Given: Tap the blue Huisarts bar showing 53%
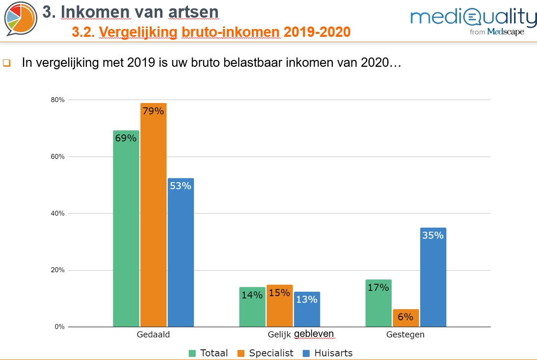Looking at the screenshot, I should (x=180, y=252).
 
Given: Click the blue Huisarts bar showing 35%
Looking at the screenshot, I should (x=433, y=277).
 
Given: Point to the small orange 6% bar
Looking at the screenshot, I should (x=405, y=318).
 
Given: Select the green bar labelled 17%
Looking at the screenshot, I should (x=378, y=303).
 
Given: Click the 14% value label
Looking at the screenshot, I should (x=252, y=296).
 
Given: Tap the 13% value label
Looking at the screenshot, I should (x=307, y=299).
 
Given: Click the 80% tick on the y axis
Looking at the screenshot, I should (x=58, y=100).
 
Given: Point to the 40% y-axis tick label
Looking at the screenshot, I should (x=58, y=213).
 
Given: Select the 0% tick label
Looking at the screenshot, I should (x=60, y=327).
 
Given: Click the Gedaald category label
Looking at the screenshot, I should (x=153, y=335).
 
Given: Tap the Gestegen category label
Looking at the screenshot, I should (x=405, y=335).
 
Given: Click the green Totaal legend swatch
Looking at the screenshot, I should (x=193, y=353).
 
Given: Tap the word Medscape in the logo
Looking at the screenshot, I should (x=506, y=32).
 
